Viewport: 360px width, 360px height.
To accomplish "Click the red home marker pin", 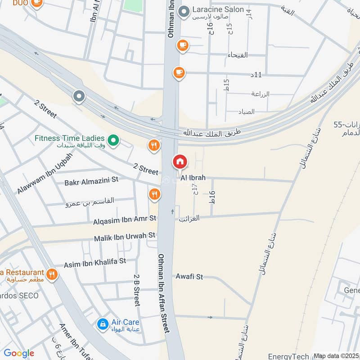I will pos(180,162).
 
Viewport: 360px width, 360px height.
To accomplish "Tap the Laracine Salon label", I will pos(218,9).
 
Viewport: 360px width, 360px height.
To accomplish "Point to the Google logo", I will pos(19,353).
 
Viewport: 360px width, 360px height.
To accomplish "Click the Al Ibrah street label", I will pos(193,178).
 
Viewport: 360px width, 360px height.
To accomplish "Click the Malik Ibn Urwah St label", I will pos(124,236).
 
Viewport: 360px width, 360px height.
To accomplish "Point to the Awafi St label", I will pos(189,276).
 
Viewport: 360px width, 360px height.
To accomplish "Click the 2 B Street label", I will pos(137,290).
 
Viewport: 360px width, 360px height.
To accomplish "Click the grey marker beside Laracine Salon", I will pos(184,12).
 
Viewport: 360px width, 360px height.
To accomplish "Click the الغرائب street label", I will pos(189,219).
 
